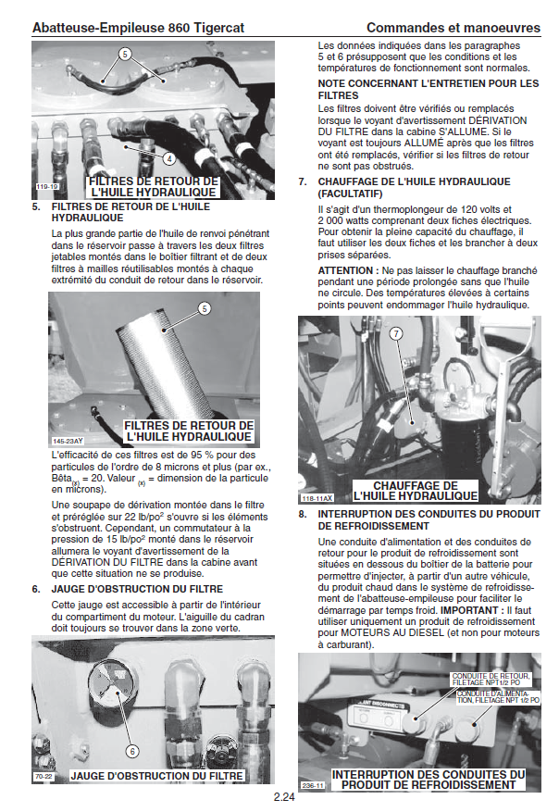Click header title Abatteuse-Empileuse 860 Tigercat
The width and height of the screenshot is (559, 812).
coord(138,28)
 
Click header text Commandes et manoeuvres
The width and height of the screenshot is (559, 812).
coord(453,28)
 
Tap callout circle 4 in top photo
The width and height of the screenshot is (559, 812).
coord(169,158)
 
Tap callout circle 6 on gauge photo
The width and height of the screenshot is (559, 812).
coord(132,751)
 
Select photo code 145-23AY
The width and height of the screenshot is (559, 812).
coord(67,441)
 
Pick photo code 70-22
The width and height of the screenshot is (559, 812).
coord(43,776)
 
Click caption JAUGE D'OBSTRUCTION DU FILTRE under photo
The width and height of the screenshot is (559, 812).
coord(157,776)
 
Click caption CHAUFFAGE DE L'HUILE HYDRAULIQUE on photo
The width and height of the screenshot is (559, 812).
coord(416,491)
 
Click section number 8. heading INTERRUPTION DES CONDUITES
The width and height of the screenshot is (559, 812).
coord(304,513)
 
